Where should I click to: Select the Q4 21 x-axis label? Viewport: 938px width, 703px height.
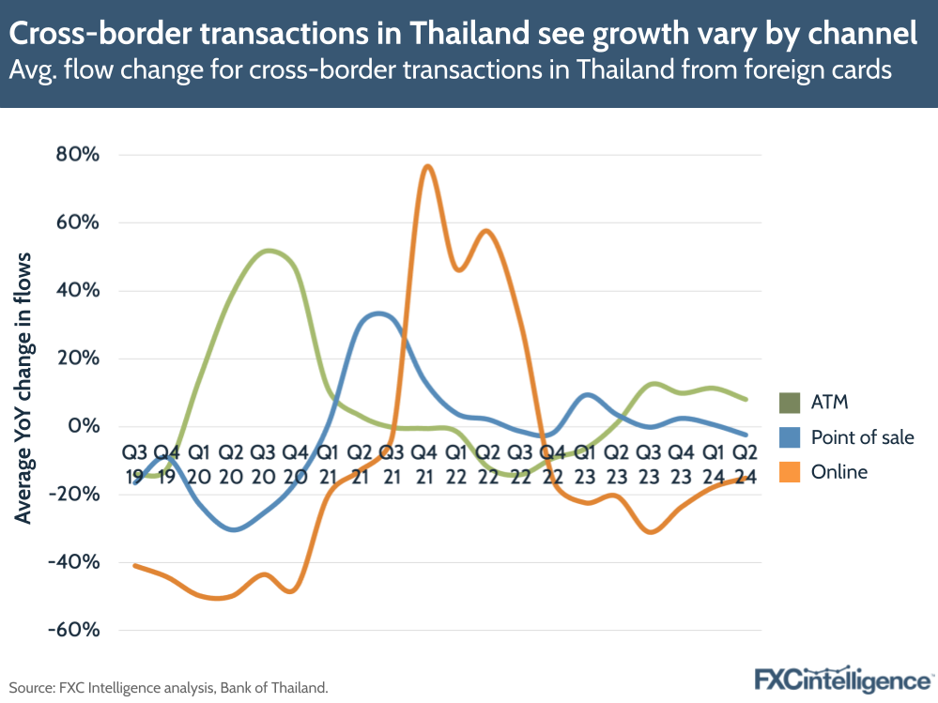pyautogui.click(x=424, y=464)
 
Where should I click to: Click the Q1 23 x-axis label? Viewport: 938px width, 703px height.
pyautogui.click(x=584, y=464)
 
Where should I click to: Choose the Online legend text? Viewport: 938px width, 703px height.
pyautogui.click(x=839, y=471)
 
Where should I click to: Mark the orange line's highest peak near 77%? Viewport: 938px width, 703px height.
pyautogui.click(x=427, y=166)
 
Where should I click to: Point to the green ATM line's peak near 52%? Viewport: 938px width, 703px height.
pyautogui.click(x=269, y=251)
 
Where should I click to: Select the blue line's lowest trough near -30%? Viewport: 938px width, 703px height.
pyautogui.click(x=234, y=530)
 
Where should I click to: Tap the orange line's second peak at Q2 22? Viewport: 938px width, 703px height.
pyautogui.click(x=486, y=231)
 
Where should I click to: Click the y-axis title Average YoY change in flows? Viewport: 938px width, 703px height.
pyautogui.click(x=23, y=388)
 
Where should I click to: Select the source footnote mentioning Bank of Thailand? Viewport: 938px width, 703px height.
pyautogui.click(x=169, y=688)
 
